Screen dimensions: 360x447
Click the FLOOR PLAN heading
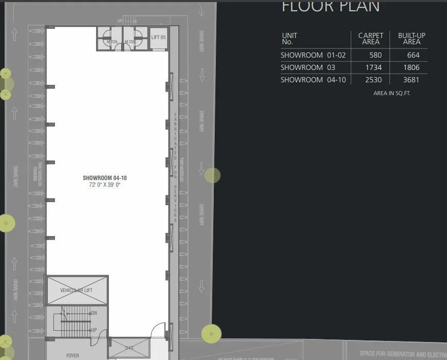(x=330, y=6)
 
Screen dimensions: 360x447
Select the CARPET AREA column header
(x=370, y=39)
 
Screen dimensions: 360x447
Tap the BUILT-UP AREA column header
(x=412, y=39)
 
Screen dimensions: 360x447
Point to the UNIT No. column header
(x=289, y=39)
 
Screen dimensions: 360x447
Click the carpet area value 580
(x=375, y=55)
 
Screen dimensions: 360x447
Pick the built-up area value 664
(x=413, y=55)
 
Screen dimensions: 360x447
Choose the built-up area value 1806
(x=411, y=67)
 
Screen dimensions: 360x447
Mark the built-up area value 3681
(x=411, y=80)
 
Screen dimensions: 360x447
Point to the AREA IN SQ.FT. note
(x=392, y=94)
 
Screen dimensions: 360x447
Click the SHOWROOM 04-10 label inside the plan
(x=105, y=178)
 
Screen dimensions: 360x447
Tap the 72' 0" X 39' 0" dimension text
(x=104, y=184)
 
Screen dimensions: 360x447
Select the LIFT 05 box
(x=158, y=38)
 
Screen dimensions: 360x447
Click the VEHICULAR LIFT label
(x=76, y=291)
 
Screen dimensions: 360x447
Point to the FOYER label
(x=72, y=355)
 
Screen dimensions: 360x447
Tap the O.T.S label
(x=129, y=348)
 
